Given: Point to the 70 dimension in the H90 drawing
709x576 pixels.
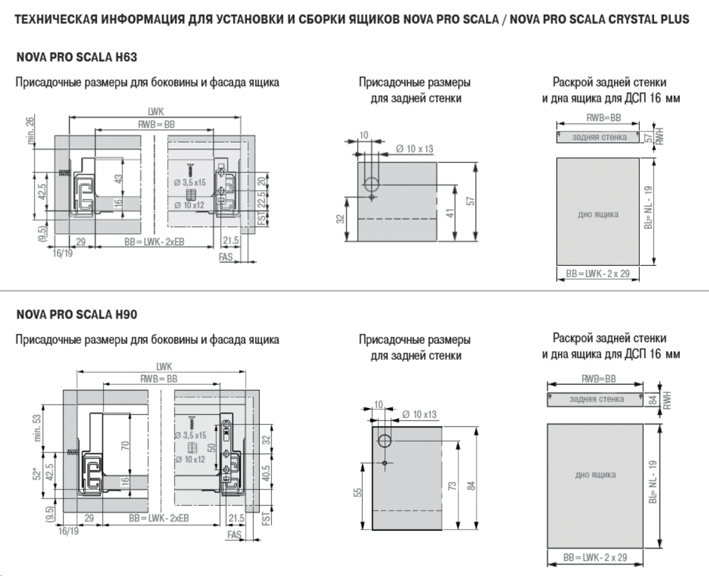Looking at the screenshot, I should click(124, 446).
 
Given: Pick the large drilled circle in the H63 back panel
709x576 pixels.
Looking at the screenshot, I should click(372, 184).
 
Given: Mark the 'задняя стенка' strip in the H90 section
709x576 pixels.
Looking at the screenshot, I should click(595, 399).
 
